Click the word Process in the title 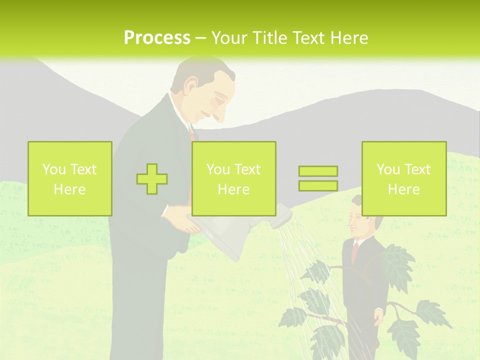click(x=157, y=37)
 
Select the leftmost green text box click(x=70, y=178)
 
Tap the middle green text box click(x=233, y=178)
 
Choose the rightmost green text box click(x=403, y=178)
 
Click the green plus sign click(x=152, y=178)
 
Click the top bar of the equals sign click(x=318, y=171)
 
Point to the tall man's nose click(x=218, y=116)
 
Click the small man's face click(x=357, y=220)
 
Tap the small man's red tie click(x=355, y=250)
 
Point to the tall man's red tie click(x=191, y=134)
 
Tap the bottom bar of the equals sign click(x=318, y=185)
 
